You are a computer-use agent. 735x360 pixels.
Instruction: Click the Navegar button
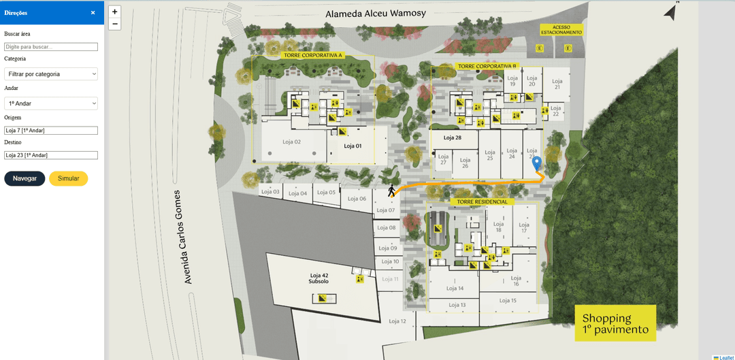(x=24, y=178)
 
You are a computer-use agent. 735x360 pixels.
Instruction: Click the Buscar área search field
(x=51, y=47)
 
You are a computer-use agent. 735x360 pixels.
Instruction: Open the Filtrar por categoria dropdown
(x=51, y=73)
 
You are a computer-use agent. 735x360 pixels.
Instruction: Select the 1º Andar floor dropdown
(x=51, y=103)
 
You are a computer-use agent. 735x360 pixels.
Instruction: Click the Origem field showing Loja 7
(x=51, y=130)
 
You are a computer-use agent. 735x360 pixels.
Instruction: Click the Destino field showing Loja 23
(x=51, y=155)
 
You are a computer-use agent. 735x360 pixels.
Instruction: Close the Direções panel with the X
(x=93, y=12)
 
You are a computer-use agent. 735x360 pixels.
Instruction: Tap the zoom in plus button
(x=114, y=12)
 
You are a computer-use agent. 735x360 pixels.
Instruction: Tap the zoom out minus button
(x=114, y=24)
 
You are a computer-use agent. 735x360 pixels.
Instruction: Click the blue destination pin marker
(x=537, y=163)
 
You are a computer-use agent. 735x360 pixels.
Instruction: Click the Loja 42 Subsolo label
(x=318, y=278)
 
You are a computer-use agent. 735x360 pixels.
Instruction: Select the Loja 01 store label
(x=352, y=146)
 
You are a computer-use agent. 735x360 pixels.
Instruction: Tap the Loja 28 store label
(x=453, y=137)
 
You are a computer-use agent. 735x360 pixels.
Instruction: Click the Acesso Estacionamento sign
(x=561, y=30)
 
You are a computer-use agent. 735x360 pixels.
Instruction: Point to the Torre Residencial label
(x=482, y=202)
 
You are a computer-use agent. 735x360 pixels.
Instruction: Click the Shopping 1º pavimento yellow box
(x=615, y=324)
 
